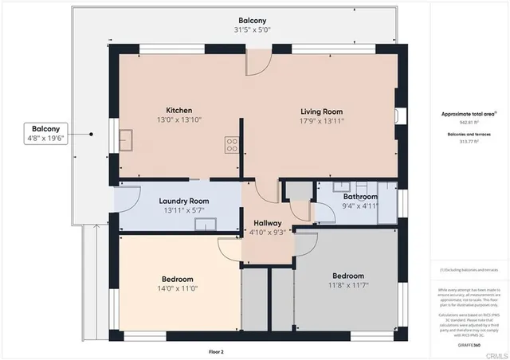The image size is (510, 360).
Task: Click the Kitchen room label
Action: pos(179,110)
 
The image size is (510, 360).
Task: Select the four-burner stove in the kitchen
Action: pos(232,145)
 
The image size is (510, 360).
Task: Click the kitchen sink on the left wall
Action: pos(126,143)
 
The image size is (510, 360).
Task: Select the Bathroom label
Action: pos(360,196)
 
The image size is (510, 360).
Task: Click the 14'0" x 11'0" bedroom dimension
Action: pos(178,291)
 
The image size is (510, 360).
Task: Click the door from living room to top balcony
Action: pos(257,63)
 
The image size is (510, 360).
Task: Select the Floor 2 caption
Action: pos(217,351)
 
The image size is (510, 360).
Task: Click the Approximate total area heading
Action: pos(469,114)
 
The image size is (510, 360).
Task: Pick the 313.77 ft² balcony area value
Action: pos(469,141)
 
